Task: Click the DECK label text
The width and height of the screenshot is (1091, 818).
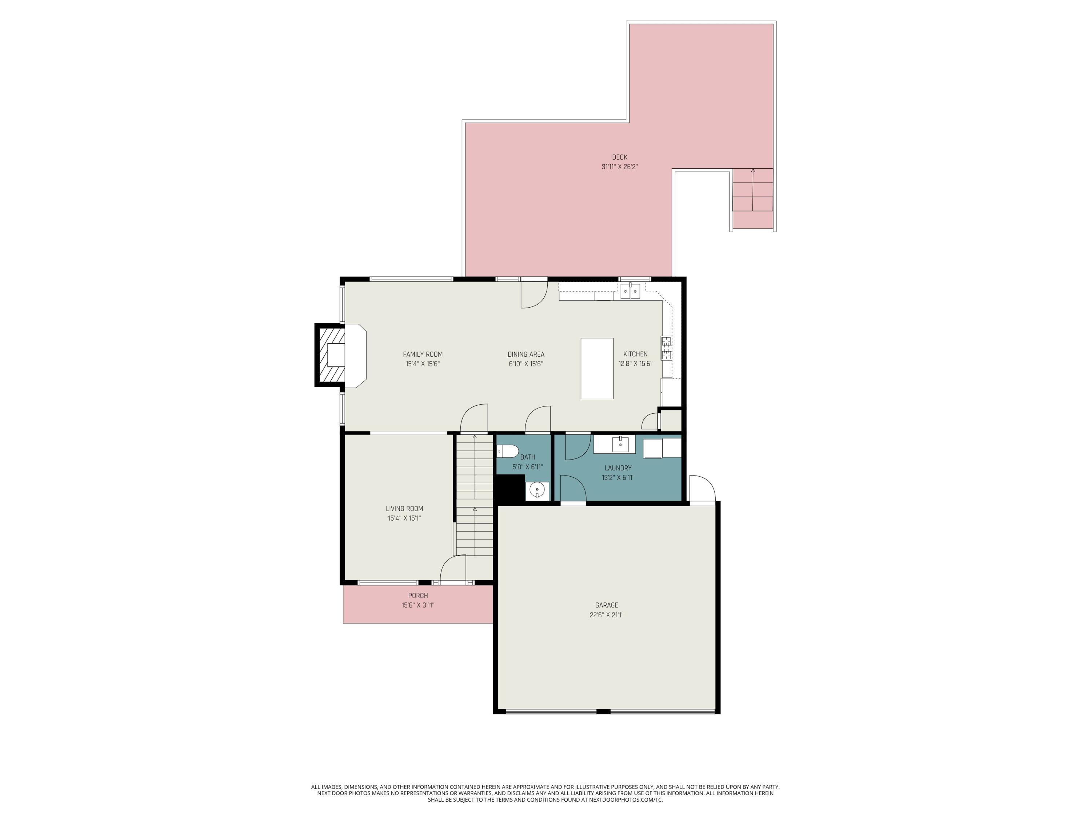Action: (x=619, y=157)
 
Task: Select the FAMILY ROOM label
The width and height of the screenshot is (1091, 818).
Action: (x=423, y=354)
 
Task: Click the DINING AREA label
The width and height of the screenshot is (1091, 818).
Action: (x=526, y=354)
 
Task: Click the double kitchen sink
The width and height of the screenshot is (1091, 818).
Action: (x=630, y=292)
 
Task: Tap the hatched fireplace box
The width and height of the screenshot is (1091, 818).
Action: (x=331, y=355)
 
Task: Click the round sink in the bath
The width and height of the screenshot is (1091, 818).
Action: (x=537, y=490)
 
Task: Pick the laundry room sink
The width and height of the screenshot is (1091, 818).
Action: (x=620, y=444)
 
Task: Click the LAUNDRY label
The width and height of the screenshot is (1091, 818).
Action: (x=618, y=468)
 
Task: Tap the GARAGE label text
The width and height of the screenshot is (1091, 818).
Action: (x=606, y=605)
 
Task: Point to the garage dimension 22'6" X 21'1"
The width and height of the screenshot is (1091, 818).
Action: (x=606, y=615)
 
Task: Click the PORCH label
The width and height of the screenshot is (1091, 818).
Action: (x=418, y=596)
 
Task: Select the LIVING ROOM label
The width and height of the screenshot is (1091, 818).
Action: (x=404, y=508)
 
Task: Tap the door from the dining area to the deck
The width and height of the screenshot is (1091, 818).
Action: (x=533, y=294)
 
